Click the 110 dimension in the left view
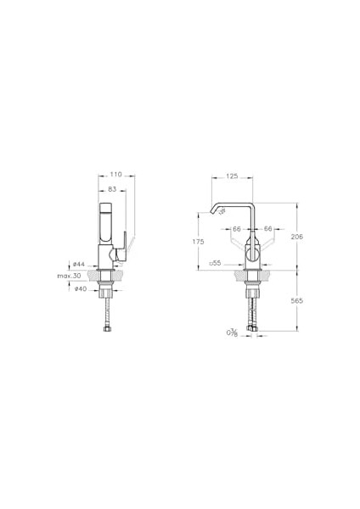(116, 174)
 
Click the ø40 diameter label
(78, 288)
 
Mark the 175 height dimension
(199, 242)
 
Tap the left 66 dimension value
(237, 229)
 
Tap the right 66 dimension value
(267, 229)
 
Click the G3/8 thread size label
(231, 333)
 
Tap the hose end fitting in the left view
(106, 328)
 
